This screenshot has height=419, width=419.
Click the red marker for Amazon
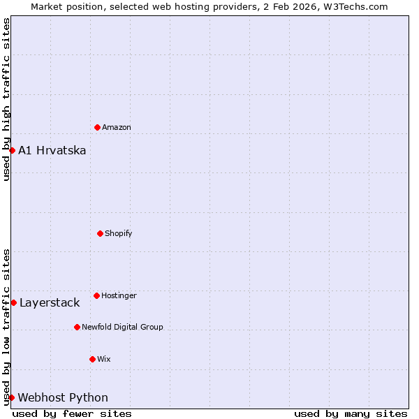click(97, 127)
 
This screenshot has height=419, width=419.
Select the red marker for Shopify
click(100, 233)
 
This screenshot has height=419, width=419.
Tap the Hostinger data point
click(96, 295)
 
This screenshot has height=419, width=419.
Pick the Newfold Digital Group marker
click(77, 327)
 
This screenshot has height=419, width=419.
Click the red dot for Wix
click(92, 359)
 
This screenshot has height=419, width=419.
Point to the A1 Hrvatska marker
click(12, 150)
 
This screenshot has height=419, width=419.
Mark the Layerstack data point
click(13, 302)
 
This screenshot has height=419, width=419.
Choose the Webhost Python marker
click(11, 397)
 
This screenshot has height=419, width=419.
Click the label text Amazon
click(117, 127)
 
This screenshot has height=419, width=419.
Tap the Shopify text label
click(119, 233)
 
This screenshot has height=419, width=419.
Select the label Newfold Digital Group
click(122, 327)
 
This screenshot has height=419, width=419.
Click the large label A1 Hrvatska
click(52, 150)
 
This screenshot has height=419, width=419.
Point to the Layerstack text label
click(50, 302)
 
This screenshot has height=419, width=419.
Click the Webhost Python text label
click(63, 397)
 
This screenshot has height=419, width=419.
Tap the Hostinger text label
click(119, 295)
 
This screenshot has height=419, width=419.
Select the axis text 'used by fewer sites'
click(72, 413)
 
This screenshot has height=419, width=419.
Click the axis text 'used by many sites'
click(351, 413)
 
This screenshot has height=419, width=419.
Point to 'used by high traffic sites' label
click(6, 99)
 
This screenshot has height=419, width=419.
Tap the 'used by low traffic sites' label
click(6, 326)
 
